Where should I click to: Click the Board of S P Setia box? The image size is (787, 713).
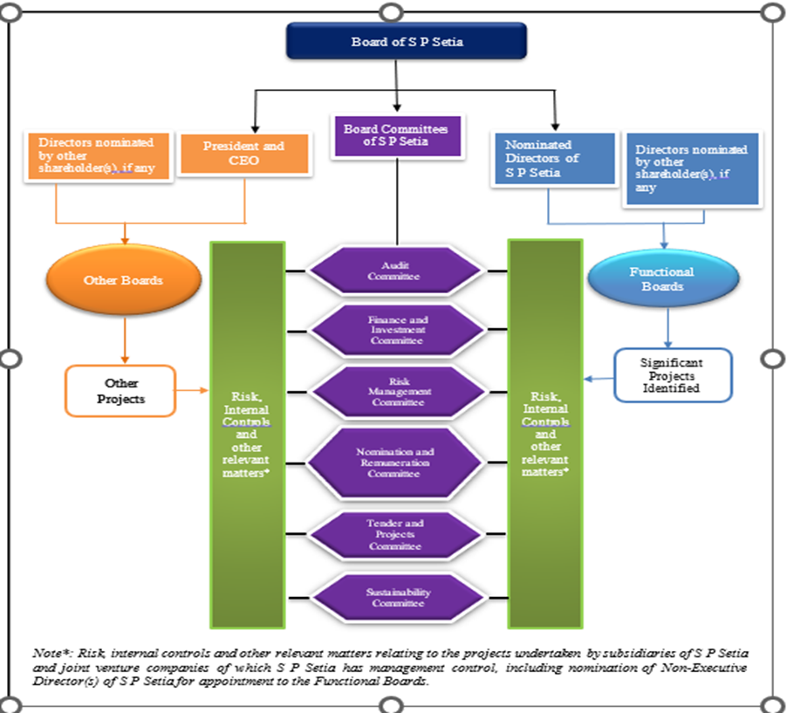tap(406, 41)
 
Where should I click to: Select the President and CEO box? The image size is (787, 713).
tap(243, 154)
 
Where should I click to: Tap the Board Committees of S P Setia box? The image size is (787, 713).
tap(395, 135)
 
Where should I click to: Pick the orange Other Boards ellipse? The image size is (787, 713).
tap(124, 281)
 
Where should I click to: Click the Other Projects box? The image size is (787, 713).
tap(121, 390)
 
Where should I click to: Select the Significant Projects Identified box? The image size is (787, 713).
tap(672, 375)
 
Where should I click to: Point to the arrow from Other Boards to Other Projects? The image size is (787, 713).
tap(125, 339)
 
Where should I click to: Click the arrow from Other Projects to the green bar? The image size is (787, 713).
tap(193, 389)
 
